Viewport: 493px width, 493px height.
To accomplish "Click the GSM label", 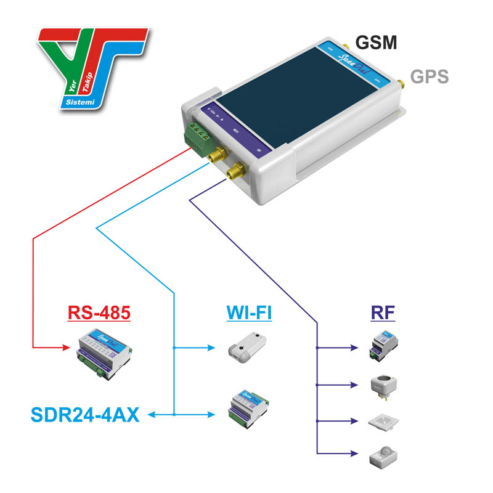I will (376, 42).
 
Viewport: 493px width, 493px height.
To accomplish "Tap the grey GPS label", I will (430, 77).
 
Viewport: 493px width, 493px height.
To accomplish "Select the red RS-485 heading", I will (99, 313).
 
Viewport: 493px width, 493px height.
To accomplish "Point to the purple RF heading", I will (383, 313).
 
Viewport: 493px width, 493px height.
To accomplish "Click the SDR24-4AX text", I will (73, 415).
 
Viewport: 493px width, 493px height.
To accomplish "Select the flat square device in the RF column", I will (382, 422).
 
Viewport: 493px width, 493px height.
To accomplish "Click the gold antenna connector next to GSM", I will (346, 47).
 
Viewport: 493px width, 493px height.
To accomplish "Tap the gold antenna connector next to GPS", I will (398, 83).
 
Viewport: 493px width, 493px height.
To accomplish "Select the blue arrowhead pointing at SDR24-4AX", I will (153, 415).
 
